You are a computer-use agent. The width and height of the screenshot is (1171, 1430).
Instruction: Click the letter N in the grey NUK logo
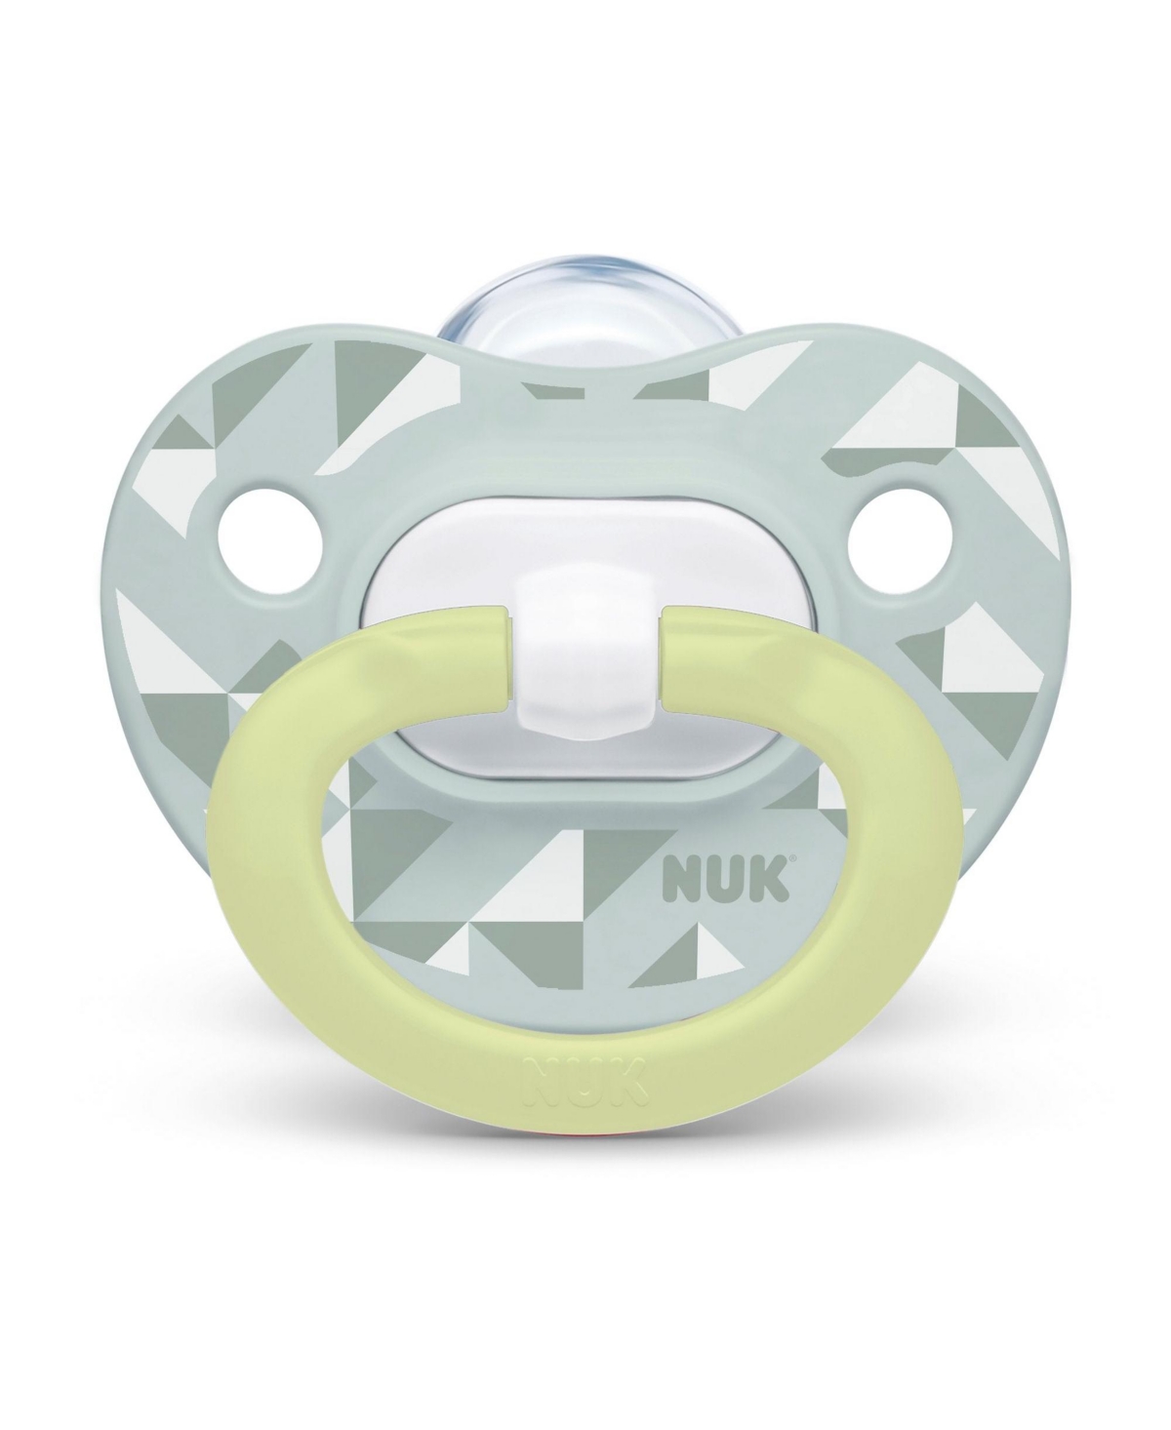pyautogui.click(x=680, y=880)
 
